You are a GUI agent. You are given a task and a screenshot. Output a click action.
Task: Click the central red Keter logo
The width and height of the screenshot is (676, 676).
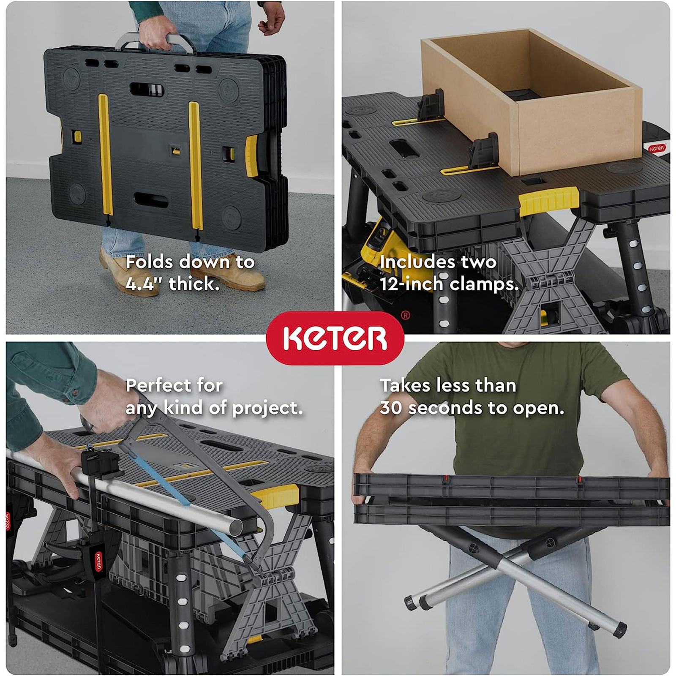[x=335, y=338]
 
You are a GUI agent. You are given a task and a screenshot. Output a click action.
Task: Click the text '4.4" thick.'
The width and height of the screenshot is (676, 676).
[x=172, y=284]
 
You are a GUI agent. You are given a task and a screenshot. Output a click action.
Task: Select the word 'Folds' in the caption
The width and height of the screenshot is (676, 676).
[x=149, y=262]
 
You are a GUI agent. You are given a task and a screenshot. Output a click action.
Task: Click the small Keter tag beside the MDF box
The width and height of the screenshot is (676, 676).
[x=657, y=148]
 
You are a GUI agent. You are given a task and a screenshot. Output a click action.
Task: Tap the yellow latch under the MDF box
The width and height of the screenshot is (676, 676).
[x=548, y=201]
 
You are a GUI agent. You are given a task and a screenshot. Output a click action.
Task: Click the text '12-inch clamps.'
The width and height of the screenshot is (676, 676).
[x=449, y=284]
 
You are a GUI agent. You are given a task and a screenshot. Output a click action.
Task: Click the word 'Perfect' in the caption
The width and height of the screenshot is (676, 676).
[x=152, y=385]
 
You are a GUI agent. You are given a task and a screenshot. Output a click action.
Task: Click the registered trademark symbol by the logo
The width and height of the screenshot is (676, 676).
[x=405, y=315]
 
